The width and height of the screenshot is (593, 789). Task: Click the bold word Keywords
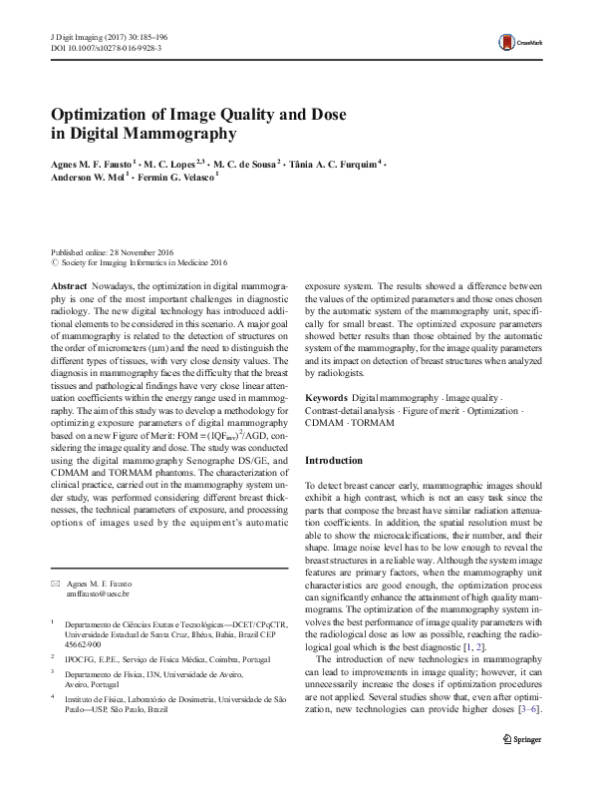click(326, 398)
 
